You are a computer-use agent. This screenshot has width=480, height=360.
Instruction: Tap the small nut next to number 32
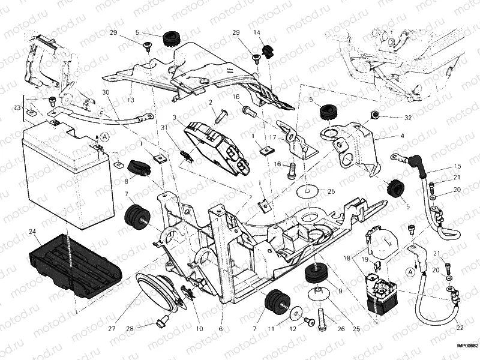[x=376, y=114]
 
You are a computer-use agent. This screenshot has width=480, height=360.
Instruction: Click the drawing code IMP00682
[x=467, y=346]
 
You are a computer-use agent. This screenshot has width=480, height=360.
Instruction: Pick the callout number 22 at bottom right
[x=460, y=327]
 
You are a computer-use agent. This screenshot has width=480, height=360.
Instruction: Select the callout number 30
[x=106, y=92]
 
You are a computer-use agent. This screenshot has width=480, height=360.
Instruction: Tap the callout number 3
[x=174, y=118]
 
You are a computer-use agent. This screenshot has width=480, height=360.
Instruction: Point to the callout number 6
[x=221, y=329]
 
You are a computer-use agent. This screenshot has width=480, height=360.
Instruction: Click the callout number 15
[x=458, y=166]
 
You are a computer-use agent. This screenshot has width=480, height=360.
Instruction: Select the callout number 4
[x=403, y=136]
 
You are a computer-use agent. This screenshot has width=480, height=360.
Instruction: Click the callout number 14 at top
[x=257, y=32]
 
